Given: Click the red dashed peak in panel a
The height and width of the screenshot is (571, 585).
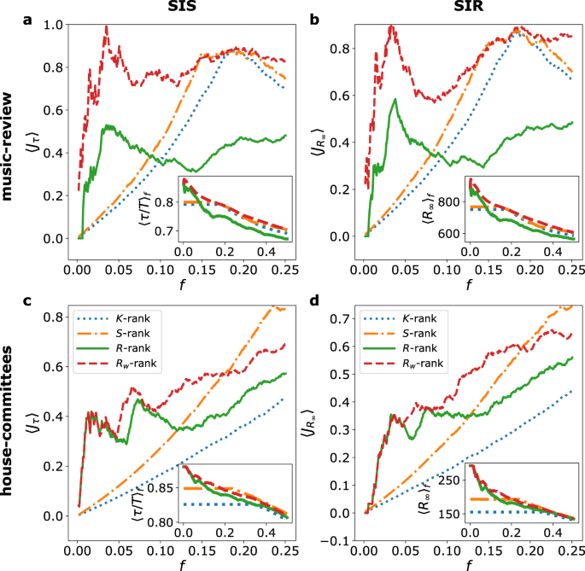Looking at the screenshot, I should click(x=106, y=26).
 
